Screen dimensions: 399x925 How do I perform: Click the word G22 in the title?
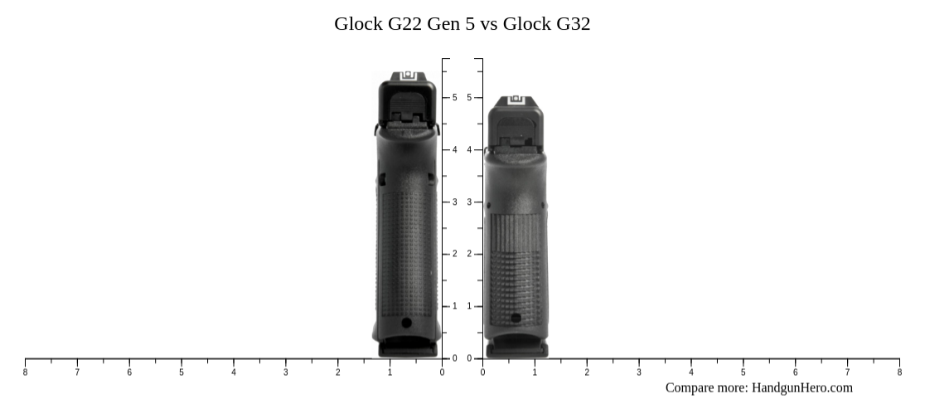point(404,23)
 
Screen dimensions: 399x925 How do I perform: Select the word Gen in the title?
point(444,23)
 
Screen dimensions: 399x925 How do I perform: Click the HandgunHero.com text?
point(802,387)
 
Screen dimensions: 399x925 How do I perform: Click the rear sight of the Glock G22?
point(407,77)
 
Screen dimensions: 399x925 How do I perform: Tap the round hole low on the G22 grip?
point(406,323)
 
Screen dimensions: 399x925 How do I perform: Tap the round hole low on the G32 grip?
point(516,318)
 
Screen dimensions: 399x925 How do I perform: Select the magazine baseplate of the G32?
point(516,350)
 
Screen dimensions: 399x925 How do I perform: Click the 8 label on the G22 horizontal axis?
point(25,372)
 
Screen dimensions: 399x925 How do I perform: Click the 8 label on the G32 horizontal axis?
point(899,372)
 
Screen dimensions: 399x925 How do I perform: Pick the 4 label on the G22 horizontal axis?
point(234,372)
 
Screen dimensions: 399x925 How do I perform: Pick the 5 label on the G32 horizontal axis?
point(743,372)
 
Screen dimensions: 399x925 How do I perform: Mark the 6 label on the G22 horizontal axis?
point(129,372)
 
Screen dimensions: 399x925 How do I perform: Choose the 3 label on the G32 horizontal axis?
point(639,372)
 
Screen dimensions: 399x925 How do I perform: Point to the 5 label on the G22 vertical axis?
point(454,98)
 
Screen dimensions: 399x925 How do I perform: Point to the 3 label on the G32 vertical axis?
point(469,202)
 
